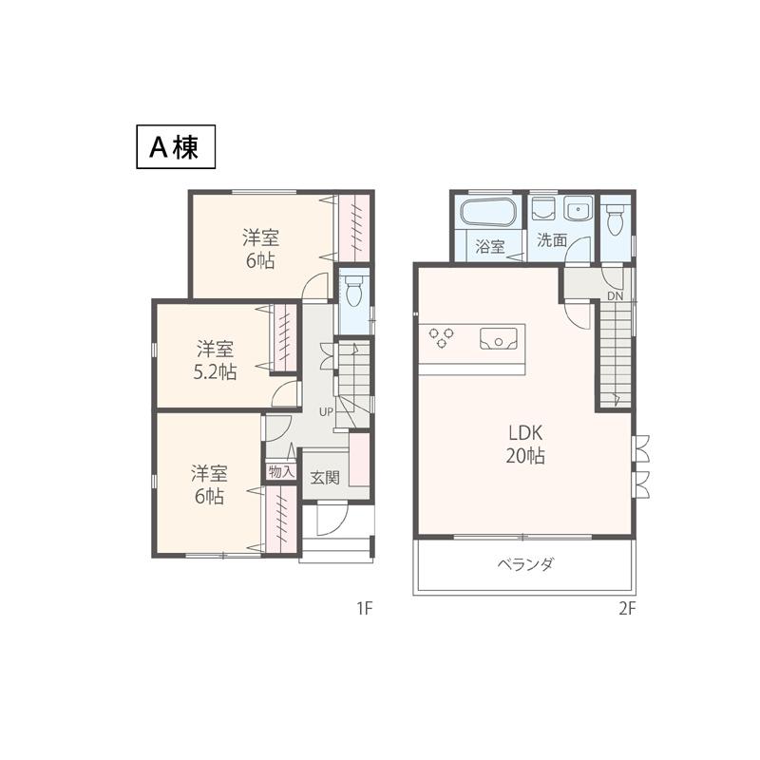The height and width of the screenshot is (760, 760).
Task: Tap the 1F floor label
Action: coord(364,609)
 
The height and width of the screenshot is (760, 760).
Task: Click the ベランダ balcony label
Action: coord(524,564)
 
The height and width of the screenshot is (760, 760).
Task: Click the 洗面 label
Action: coord(551,240)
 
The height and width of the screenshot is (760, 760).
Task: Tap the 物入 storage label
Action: coord(280,471)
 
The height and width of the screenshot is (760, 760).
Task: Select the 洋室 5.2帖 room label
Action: coord(216,360)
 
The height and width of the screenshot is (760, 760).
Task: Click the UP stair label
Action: coord(326,412)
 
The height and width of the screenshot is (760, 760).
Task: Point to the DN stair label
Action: coord(615,296)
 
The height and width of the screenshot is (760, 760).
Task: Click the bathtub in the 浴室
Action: coord(488,213)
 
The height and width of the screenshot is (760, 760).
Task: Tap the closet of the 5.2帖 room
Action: coord(283,338)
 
